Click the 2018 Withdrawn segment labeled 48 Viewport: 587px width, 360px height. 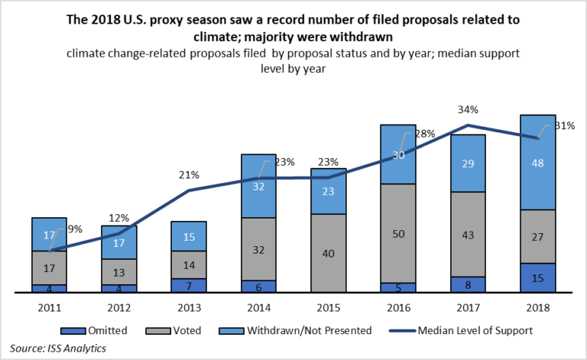point(538,162)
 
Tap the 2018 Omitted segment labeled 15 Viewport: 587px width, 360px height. point(538,277)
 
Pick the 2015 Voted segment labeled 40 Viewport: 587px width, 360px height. point(329,253)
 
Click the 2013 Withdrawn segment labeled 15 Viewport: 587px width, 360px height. point(189,236)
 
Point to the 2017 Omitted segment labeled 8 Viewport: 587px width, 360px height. point(468,284)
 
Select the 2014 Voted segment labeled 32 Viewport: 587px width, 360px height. point(259,248)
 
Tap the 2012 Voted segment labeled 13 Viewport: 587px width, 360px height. point(118,271)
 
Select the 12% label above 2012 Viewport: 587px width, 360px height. point(118,218)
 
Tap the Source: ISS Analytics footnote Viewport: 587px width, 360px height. point(57,348)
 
